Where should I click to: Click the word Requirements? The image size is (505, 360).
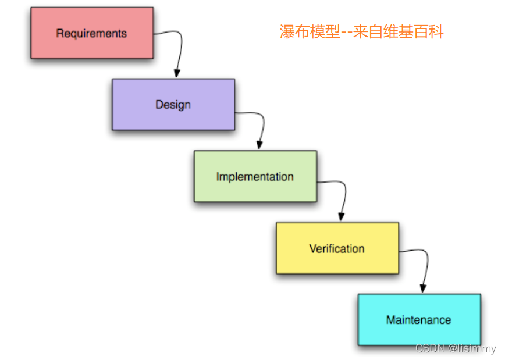pos(91,33)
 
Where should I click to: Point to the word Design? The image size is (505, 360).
pos(173,105)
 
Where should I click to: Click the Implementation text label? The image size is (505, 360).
pos(255,176)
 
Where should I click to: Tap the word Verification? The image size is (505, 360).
pos(337,248)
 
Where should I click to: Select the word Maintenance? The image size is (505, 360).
pos(418,319)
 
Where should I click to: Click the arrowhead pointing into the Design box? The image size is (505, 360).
pos(177,73)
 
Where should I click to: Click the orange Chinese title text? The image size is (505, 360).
pos(361,32)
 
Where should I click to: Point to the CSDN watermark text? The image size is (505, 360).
pos(456,349)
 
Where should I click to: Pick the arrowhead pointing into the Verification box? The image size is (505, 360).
pos(341,217)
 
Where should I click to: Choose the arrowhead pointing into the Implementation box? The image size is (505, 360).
pos(259,145)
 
